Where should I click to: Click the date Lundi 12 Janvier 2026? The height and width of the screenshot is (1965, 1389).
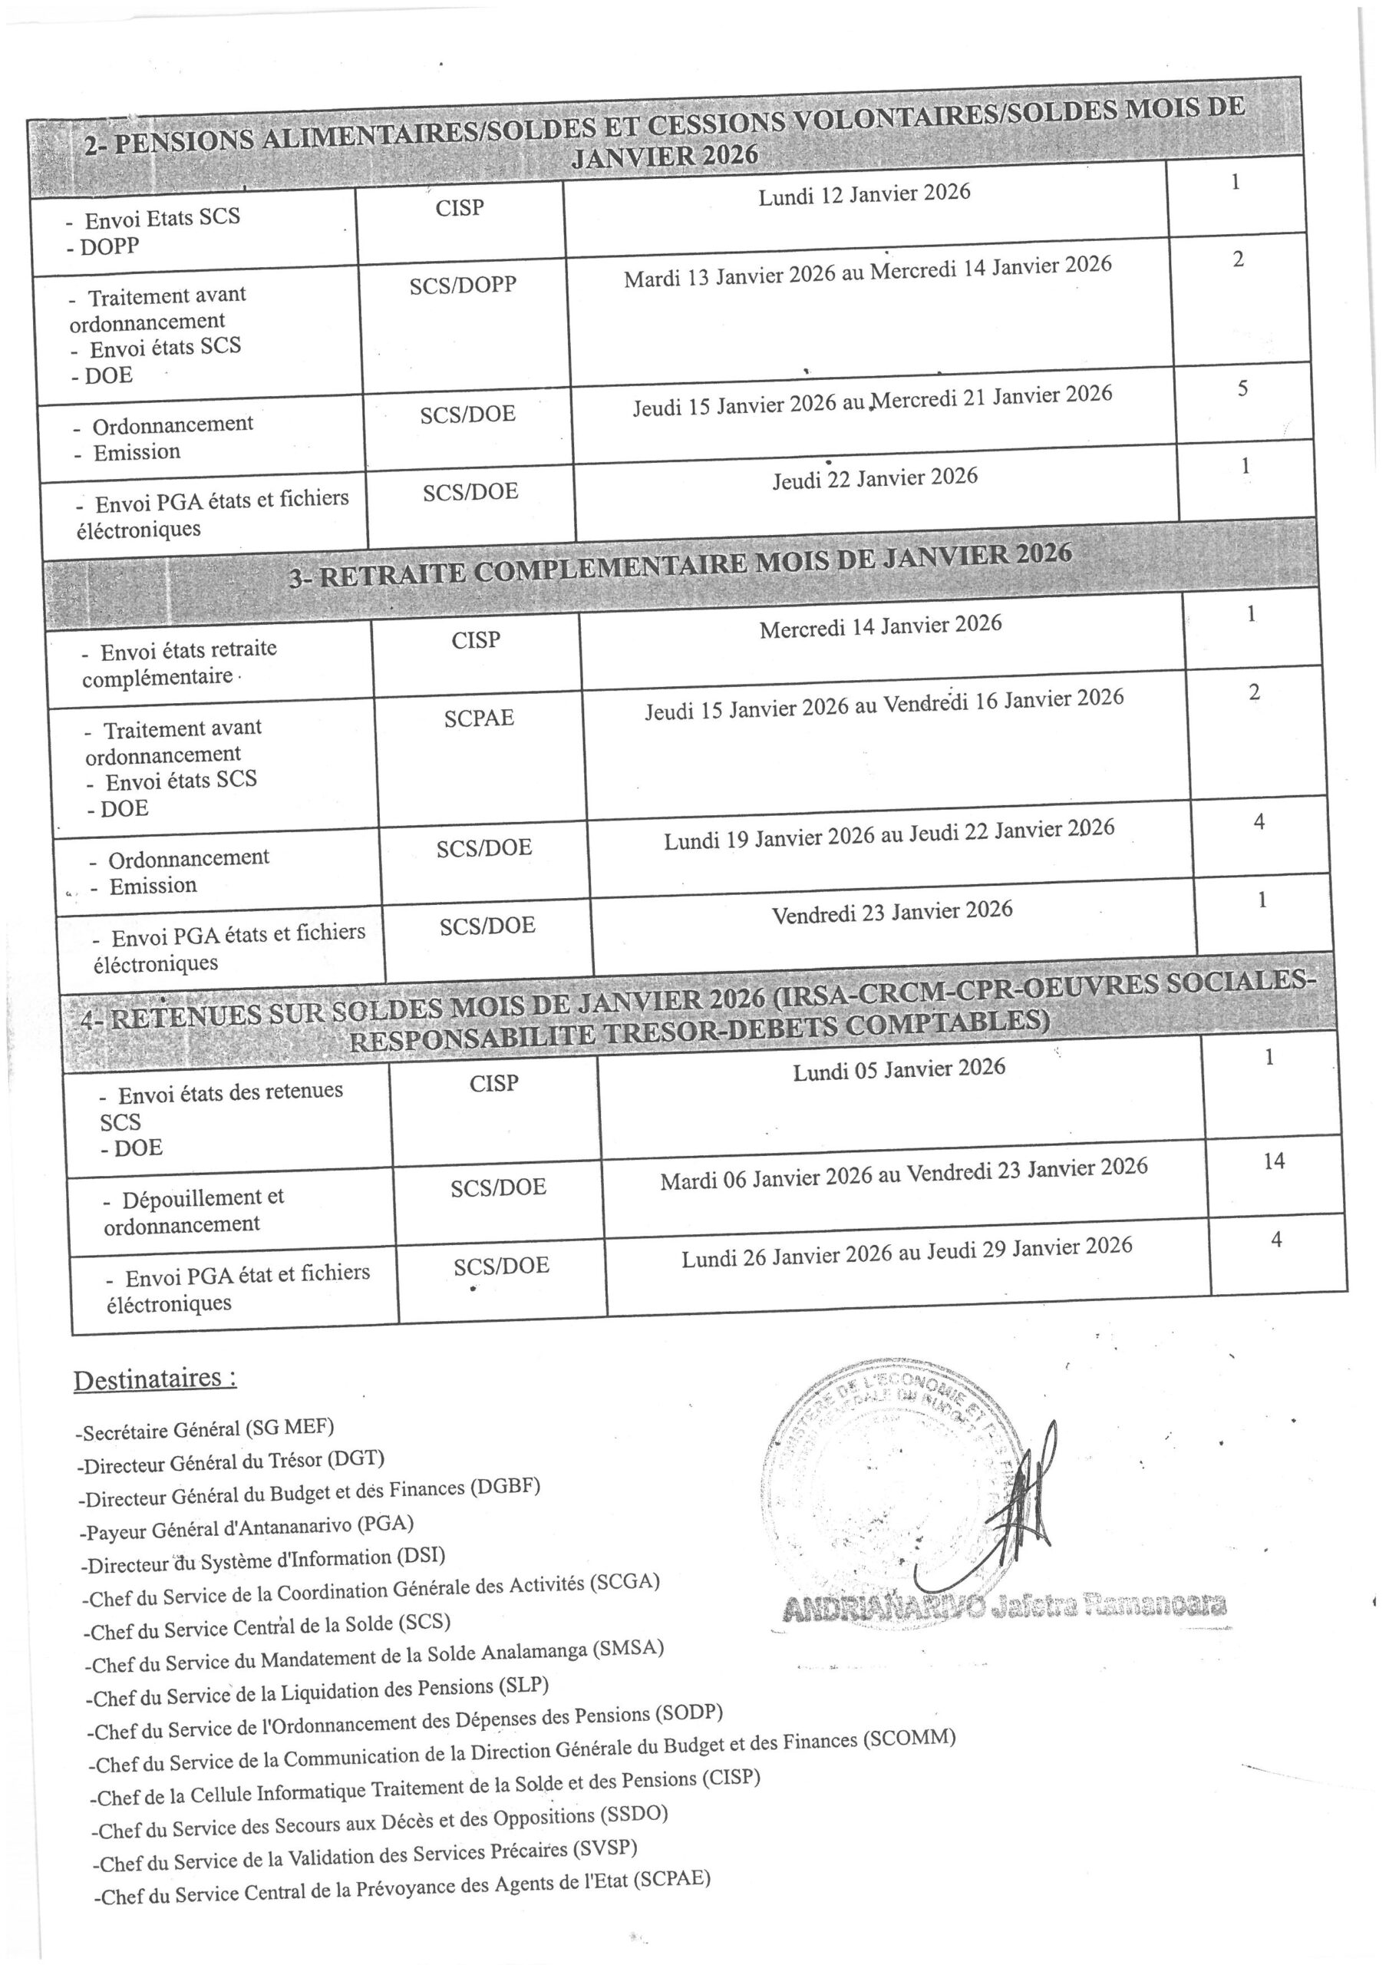(x=864, y=194)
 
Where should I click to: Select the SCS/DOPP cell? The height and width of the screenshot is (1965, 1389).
(x=462, y=285)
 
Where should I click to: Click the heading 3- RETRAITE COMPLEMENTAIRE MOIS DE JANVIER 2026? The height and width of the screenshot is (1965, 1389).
(x=681, y=566)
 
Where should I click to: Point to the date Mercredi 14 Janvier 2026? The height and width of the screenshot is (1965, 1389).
(x=879, y=626)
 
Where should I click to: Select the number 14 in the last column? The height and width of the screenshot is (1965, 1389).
(x=1273, y=1161)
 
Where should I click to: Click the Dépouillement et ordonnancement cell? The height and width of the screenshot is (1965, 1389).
(x=193, y=1210)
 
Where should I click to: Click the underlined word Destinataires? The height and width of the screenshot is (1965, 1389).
(x=154, y=1379)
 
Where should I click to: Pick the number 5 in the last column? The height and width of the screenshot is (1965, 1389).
(x=1242, y=388)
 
